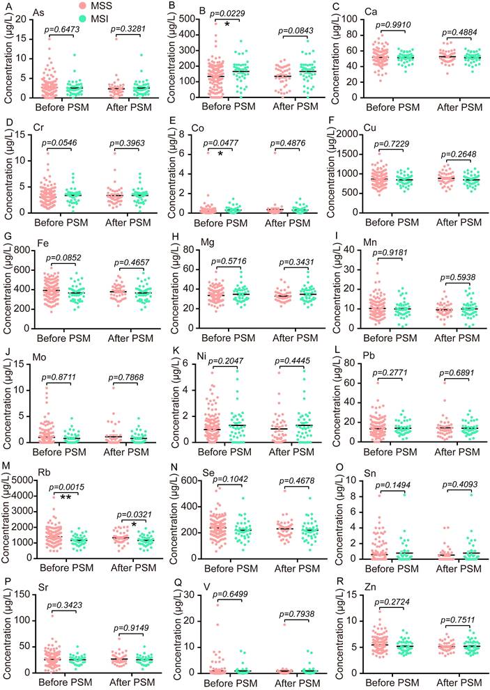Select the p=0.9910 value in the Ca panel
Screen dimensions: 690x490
coord(395,24)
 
